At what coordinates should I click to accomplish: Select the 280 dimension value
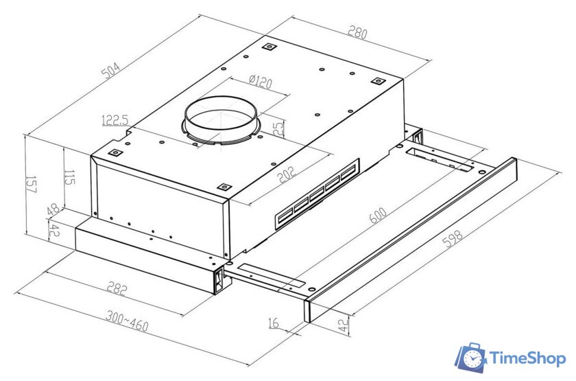(357, 33)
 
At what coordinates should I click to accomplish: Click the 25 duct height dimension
(278, 128)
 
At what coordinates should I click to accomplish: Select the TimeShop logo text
(527, 358)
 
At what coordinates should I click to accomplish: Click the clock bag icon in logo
(472, 358)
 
